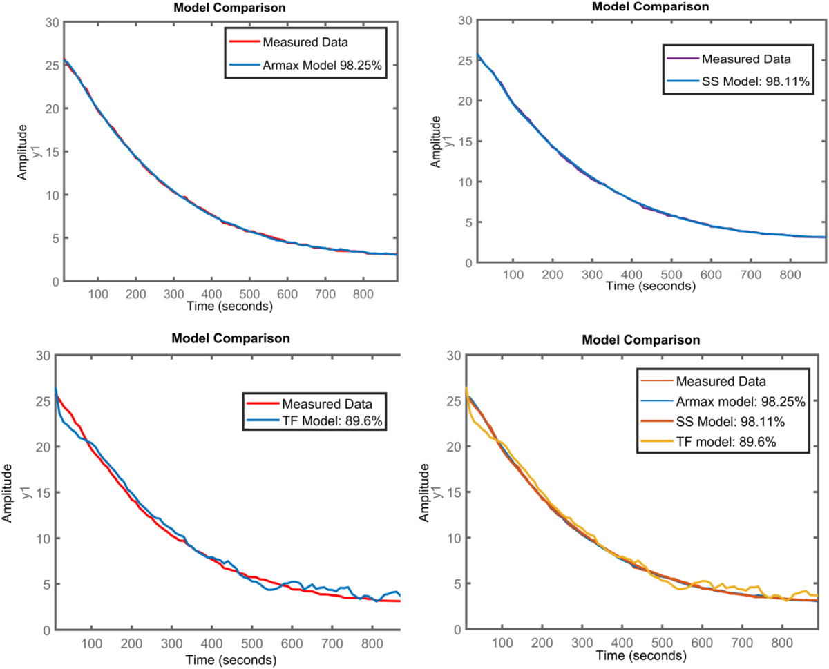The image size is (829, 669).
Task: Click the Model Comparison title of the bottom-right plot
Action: [x=642, y=340]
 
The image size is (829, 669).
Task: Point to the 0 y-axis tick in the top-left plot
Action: [x=54, y=282]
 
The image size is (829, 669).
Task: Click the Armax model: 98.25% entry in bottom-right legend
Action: [x=731, y=400]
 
